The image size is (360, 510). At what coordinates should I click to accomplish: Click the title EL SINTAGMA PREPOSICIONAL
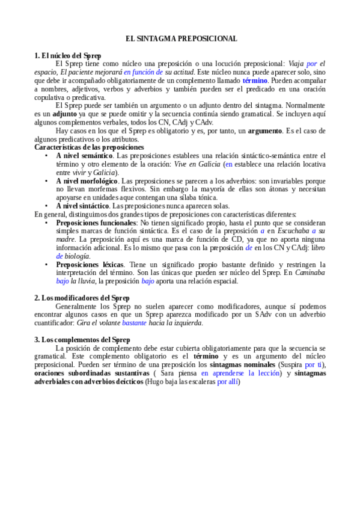click(x=181, y=38)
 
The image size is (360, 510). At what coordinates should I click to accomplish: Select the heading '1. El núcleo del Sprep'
click(x=68, y=55)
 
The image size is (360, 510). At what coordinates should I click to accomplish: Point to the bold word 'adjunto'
click(x=65, y=113)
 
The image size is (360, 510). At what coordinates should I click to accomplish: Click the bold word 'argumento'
click(x=263, y=131)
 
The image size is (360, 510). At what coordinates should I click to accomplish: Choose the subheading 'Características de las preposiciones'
click(x=89, y=147)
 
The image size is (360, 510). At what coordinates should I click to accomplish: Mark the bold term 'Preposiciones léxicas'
click(x=90, y=264)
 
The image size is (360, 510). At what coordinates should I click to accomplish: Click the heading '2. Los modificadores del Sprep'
click(x=82, y=298)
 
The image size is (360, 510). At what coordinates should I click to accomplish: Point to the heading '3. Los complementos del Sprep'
click(x=82, y=340)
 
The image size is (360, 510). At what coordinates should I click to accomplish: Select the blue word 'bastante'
click(x=133, y=323)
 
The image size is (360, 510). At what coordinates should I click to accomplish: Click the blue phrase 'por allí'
click(x=227, y=381)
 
